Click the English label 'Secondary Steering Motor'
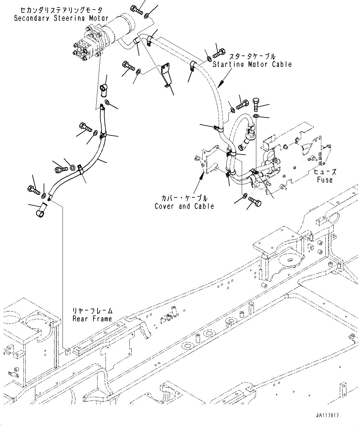pos(61,18)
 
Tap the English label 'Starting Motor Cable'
pos(252,64)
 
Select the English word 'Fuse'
pos(324,180)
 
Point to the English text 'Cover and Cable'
pos(184,206)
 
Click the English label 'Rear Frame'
pos(92,319)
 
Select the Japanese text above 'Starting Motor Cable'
pos(252,57)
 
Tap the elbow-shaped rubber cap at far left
pos(41,210)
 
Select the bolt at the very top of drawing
pos(136,10)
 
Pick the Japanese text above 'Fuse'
pos(325,172)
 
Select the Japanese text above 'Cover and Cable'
pos(184,198)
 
